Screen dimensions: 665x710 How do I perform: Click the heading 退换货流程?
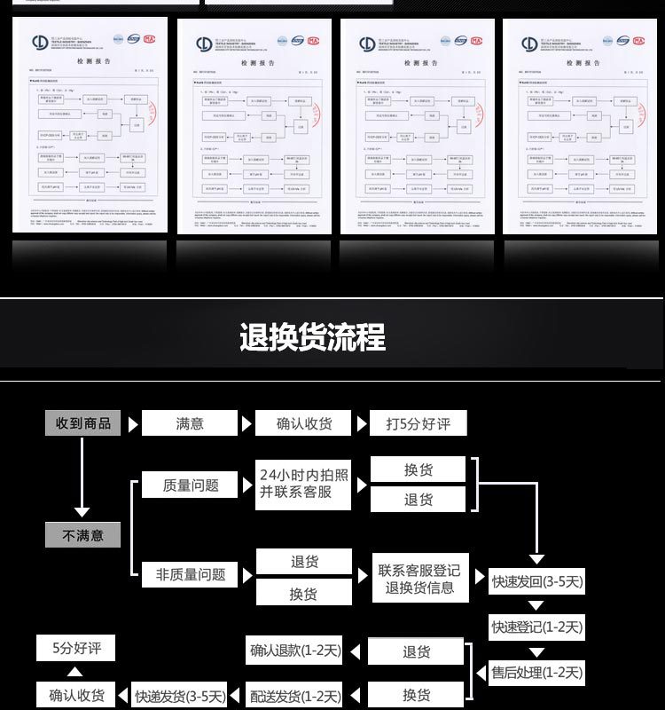312,338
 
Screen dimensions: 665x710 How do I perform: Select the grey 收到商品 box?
83,423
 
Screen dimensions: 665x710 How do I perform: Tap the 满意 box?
191,423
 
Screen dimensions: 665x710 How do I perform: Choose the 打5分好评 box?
418,423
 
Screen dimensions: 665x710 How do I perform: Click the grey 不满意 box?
82,535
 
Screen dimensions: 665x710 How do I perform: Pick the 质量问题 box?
191,485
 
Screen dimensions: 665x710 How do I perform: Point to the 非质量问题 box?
191,575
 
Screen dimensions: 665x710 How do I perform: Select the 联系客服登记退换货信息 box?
419,578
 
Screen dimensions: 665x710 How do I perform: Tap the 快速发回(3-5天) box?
537,583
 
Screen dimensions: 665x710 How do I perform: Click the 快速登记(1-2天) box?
537,627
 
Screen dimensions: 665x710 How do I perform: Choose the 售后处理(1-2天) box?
537,673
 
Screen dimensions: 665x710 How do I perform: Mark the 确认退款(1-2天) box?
295,651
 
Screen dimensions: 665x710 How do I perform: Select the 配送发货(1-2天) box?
295,696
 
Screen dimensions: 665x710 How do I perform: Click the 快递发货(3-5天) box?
180,696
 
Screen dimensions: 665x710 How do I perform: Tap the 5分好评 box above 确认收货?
75,649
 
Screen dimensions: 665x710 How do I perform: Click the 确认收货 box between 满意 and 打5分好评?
304,423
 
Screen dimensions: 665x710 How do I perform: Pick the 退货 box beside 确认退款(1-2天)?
417,651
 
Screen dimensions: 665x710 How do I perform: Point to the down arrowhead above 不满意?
82,512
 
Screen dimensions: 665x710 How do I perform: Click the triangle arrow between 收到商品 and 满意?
133,424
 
